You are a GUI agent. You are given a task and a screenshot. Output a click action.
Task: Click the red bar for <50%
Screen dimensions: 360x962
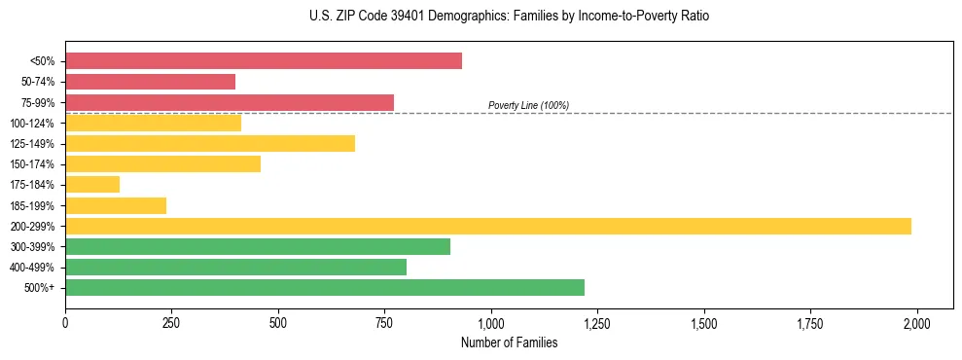coord(263,61)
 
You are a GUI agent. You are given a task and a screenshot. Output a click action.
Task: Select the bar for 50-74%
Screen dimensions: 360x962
coord(150,82)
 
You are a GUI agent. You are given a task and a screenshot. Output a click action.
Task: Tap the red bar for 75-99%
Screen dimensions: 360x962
coord(229,102)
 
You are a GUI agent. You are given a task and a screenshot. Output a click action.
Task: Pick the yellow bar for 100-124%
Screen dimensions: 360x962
coord(153,123)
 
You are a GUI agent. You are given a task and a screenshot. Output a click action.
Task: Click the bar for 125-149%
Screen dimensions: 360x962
coord(209,144)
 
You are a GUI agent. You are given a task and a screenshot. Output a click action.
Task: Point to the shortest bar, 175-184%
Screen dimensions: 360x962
coord(92,185)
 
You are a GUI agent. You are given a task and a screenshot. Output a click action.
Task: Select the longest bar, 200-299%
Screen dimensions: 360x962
coord(487,226)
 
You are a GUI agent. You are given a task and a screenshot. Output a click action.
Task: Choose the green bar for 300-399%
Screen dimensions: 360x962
coord(257,246)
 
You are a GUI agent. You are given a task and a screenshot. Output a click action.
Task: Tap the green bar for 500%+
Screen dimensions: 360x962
coord(324,287)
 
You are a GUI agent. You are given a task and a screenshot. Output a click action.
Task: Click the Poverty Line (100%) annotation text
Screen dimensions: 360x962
coord(528,105)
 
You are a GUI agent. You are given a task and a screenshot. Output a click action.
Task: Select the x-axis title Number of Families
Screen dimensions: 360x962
coord(509,342)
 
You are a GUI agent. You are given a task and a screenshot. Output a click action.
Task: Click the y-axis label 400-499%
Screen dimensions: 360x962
coord(36,268)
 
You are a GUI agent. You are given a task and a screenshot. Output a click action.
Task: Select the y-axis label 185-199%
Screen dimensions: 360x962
coord(36,205)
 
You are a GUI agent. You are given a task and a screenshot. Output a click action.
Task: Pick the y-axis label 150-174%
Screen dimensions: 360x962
coord(36,164)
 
